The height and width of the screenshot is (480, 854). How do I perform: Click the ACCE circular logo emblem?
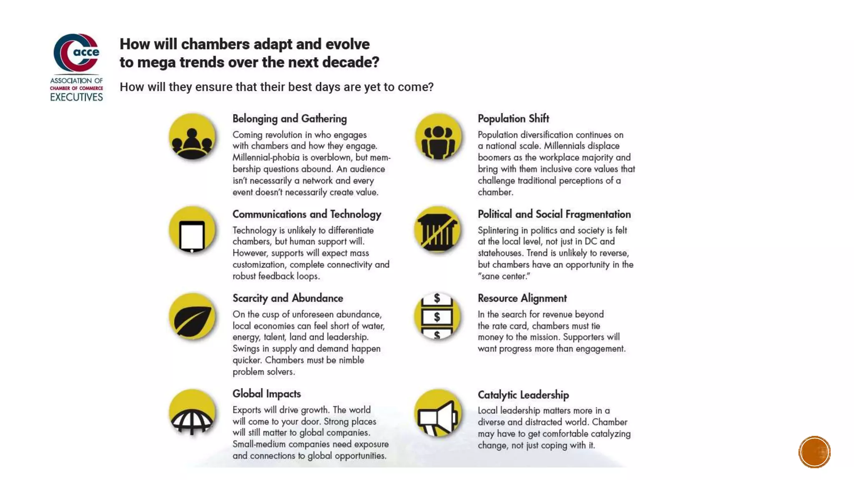pyautogui.click(x=77, y=53)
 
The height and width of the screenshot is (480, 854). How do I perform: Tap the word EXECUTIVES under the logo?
pyautogui.click(x=76, y=97)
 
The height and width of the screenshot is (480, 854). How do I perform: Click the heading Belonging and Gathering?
pyautogui.click(x=289, y=119)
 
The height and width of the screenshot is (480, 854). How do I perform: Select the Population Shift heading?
pyautogui.click(x=513, y=119)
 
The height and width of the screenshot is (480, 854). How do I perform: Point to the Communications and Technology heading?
pyautogui.click(x=306, y=214)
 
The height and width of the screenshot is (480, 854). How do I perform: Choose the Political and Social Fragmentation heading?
pyautogui.click(x=554, y=214)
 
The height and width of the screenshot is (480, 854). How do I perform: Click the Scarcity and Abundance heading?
pyautogui.click(x=287, y=298)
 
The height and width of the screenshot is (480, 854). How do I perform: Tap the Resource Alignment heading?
pyautogui.click(x=522, y=298)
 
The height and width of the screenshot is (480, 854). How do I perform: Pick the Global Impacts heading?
pyautogui.click(x=266, y=394)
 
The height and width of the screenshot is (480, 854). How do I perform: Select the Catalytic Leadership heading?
pyautogui.click(x=523, y=395)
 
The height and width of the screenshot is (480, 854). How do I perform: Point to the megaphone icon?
pyautogui.click(x=438, y=414)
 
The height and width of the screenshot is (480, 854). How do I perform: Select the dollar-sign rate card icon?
pyautogui.click(x=437, y=317)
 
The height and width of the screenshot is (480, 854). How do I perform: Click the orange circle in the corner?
pyautogui.click(x=814, y=452)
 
